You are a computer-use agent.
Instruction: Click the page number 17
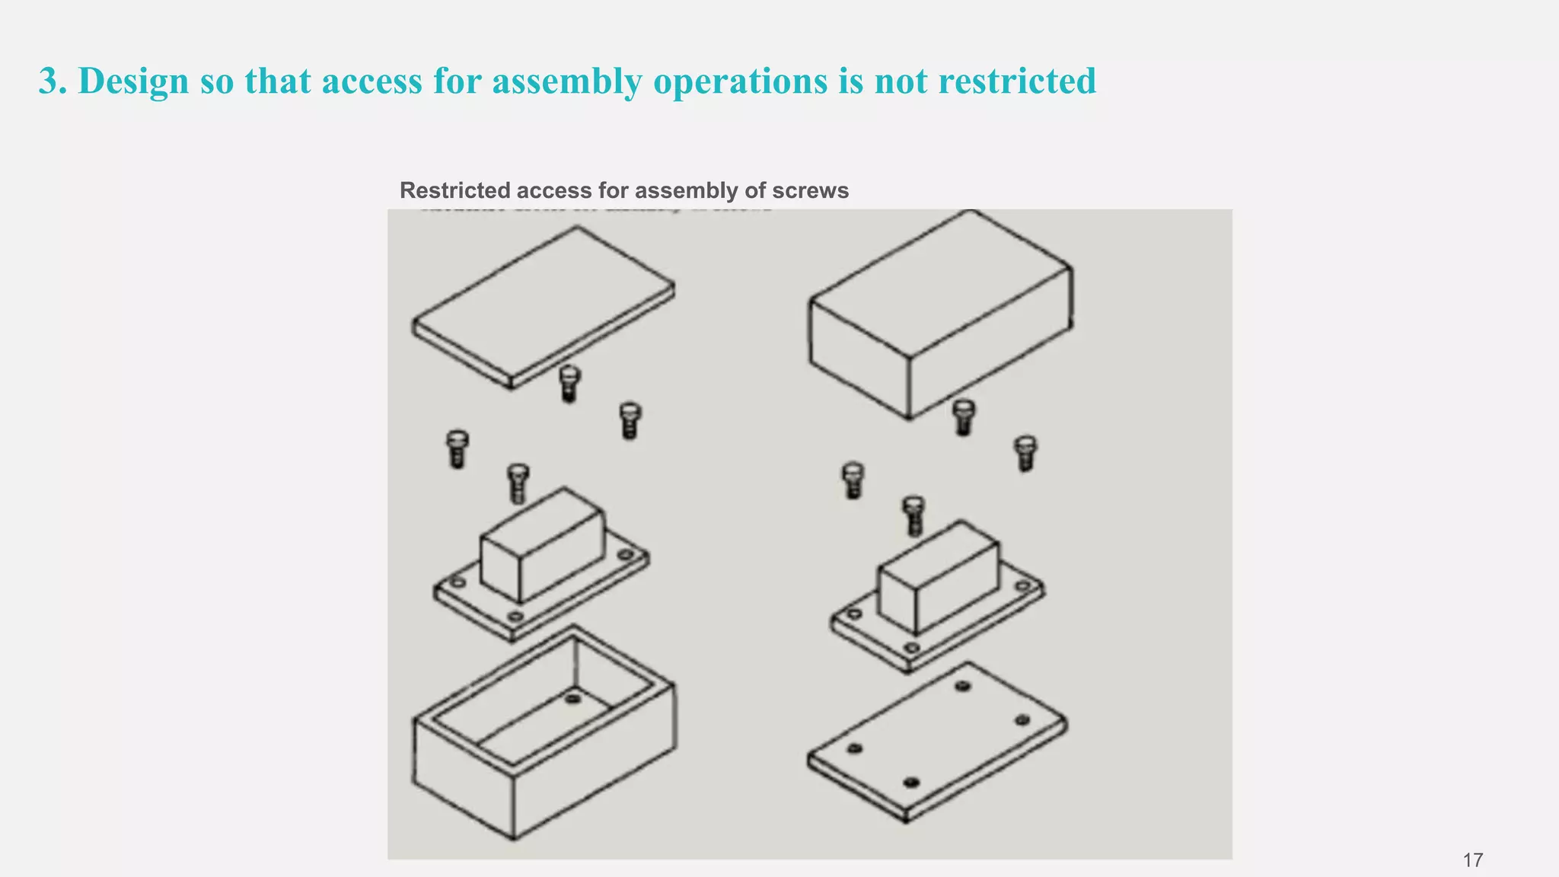click(x=1472, y=860)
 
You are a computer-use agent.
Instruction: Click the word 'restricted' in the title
click(x=1017, y=81)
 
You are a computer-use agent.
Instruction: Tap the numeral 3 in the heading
click(x=49, y=81)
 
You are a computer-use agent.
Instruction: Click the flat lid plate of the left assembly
click(x=542, y=306)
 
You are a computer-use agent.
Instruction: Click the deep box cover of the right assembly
click(x=940, y=314)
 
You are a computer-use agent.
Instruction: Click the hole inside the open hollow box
click(x=573, y=698)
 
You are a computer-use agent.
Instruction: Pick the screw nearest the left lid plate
click(x=569, y=382)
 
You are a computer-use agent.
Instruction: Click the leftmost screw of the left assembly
click(x=457, y=448)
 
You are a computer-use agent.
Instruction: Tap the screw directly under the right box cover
click(x=963, y=416)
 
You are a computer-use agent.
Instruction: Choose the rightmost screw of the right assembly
click(x=1025, y=452)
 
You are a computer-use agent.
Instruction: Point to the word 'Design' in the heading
click(x=133, y=81)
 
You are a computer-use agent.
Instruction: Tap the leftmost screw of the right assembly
click(x=853, y=480)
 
